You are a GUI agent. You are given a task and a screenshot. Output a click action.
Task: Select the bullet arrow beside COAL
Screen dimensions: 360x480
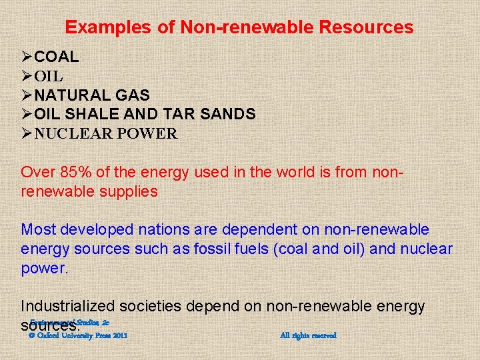(27, 57)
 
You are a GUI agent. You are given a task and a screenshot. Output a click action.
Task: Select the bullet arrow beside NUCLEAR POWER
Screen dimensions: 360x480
(27, 133)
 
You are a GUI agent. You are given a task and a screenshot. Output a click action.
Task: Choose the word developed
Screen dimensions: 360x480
(95, 230)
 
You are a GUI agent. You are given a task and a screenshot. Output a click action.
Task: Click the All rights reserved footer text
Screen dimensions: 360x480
(308, 335)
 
